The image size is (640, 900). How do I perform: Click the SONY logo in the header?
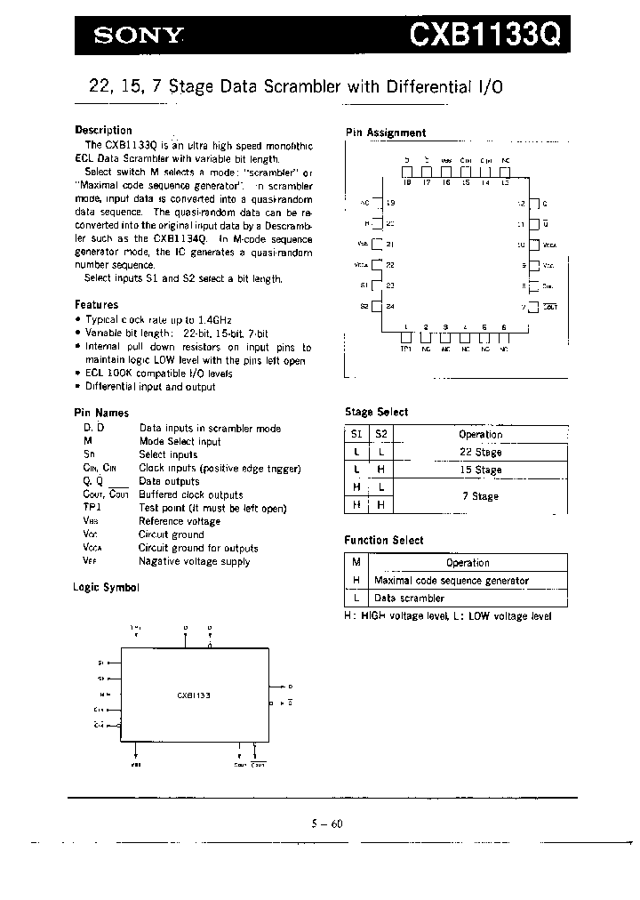tap(140, 36)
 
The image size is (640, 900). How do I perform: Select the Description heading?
tap(103, 130)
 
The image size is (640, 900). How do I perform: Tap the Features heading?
tap(96, 305)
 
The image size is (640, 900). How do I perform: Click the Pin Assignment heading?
tap(385, 133)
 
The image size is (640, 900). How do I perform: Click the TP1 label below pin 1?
tap(405, 349)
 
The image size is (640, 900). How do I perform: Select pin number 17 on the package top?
tap(426, 182)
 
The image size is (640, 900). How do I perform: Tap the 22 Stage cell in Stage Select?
tap(481, 453)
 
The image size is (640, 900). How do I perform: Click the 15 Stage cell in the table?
tap(481, 470)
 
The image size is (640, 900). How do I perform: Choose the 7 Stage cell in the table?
tap(481, 496)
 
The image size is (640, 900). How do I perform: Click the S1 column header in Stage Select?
tap(356, 434)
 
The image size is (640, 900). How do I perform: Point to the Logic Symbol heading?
tap(106, 588)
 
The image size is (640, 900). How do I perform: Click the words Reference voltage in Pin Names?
tap(180, 521)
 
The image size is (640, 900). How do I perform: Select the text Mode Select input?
tap(180, 441)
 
